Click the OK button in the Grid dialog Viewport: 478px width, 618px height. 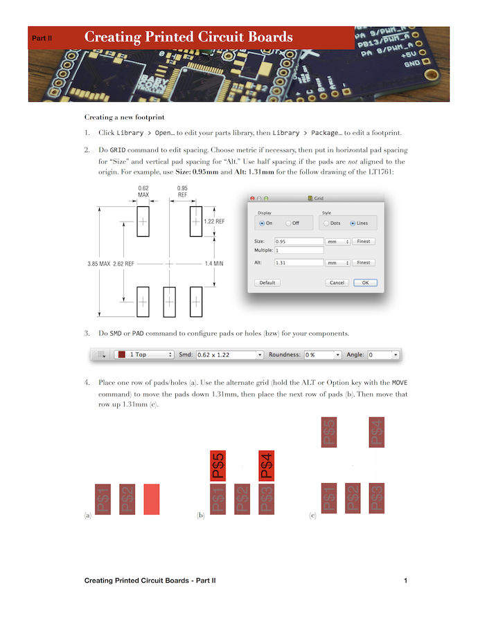pos(365,282)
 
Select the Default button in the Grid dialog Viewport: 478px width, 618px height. pos(267,282)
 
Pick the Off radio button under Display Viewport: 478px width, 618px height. pos(292,224)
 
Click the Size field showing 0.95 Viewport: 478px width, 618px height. pos(299,242)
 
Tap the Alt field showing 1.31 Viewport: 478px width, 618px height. pos(299,263)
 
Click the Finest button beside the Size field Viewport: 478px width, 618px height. pos(364,242)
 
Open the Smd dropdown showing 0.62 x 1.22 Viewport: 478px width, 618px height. pos(230,354)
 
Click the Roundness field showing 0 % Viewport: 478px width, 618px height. pos(323,354)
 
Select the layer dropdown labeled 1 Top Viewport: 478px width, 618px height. pos(143,354)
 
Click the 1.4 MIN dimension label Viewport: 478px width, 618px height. pos(214,264)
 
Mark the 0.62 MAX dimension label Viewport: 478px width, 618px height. pos(143,192)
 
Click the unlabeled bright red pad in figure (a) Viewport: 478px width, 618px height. pos(152,499)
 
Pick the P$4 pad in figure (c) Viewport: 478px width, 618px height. pos(375,433)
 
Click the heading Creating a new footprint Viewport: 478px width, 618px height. pos(125,117)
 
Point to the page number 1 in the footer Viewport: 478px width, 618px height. pos(405,580)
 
